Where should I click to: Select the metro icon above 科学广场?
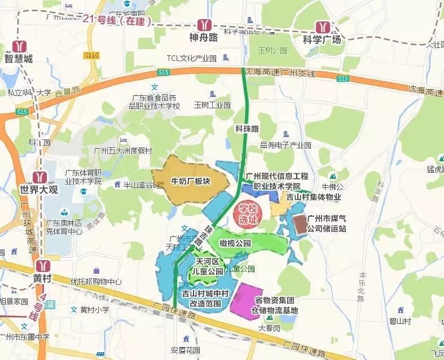pos(322,27)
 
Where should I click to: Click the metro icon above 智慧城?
pos(20,46)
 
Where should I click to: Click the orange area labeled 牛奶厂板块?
pos(190,182)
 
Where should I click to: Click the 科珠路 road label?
pos(247,129)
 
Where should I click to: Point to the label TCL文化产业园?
pos(192,58)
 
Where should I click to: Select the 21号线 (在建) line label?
pos(118,19)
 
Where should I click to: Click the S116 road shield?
pos(91,55)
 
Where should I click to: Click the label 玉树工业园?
pos(212,105)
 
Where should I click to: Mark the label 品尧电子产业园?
pos(285,145)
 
